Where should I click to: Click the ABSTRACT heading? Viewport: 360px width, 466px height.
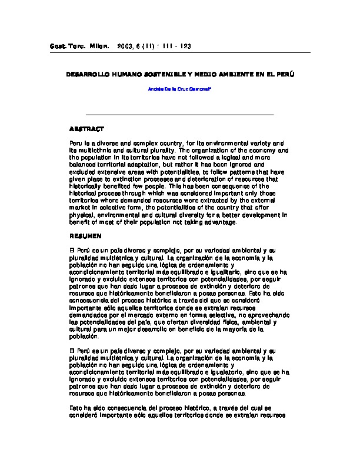coord(86,128)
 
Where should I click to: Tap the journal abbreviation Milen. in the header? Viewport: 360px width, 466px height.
coord(96,46)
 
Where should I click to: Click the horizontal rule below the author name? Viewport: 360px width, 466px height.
coord(179,114)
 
